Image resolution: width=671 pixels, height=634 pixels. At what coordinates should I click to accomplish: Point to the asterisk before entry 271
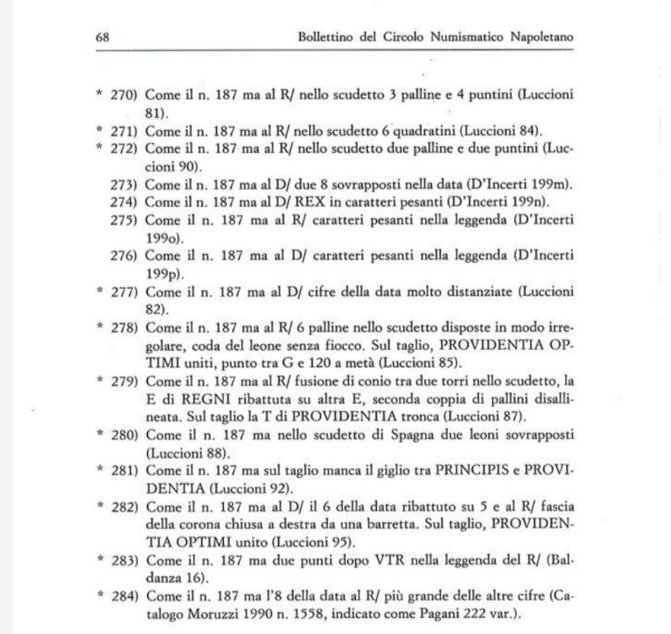pyautogui.click(x=99, y=129)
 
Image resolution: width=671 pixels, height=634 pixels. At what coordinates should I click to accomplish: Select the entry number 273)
pyautogui.click(x=123, y=183)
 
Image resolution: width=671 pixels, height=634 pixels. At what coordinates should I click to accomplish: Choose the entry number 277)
pyautogui.click(x=123, y=292)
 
